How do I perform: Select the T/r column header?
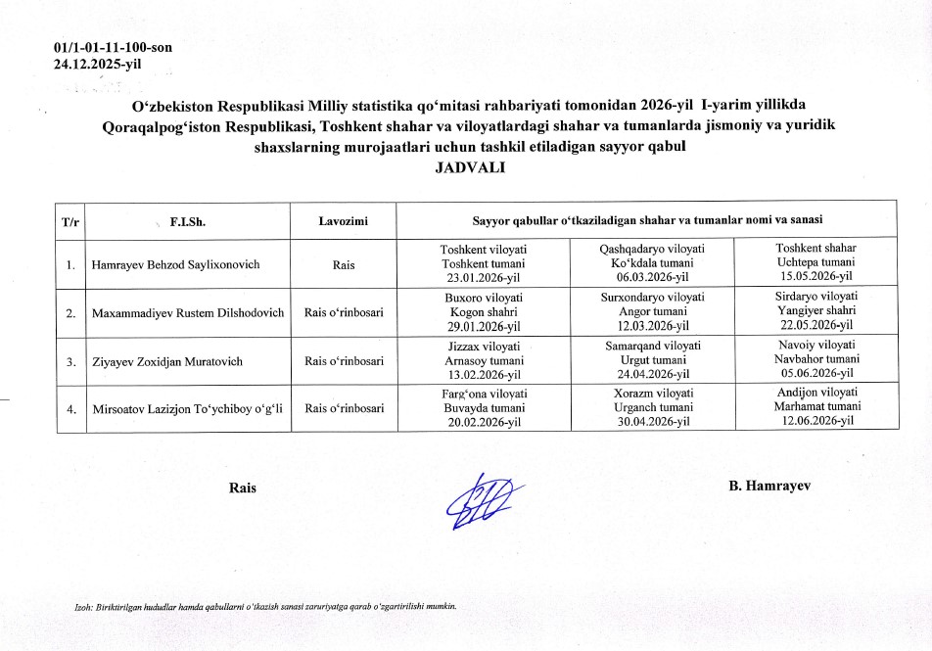pos(70,222)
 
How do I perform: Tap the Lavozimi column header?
pos(343,222)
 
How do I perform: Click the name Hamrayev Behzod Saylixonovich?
pos(176,264)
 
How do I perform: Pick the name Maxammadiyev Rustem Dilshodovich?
pos(187,312)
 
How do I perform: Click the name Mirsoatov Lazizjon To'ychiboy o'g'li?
pos(187,408)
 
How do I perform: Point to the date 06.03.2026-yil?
pos(651,278)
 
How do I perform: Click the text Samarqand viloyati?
pos(651,346)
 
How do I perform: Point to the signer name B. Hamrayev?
pos(769,486)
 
